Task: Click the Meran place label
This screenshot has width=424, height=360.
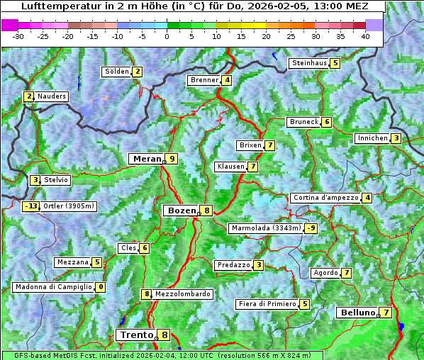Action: click(147, 159)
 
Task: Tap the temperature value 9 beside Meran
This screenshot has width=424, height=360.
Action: click(171, 159)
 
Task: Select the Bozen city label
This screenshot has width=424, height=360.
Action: click(181, 210)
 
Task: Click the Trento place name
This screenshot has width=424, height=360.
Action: click(136, 334)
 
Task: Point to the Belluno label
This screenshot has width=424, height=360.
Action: click(357, 313)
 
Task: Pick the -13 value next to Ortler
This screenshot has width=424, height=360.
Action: click(30, 207)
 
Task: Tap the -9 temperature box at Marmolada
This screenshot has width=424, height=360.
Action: click(311, 228)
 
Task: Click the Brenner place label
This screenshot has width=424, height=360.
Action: click(204, 80)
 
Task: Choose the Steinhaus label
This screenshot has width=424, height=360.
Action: click(309, 63)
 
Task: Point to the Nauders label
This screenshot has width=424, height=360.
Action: click(51, 96)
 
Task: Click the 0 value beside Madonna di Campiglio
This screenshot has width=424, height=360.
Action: click(101, 287)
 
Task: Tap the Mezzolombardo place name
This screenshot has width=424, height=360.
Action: click(182, 294)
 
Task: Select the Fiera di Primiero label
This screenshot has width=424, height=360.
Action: click(267, 304)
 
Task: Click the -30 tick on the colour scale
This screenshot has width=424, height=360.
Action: click(18, 35)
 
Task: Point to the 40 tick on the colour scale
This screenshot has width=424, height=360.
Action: click(364, 35)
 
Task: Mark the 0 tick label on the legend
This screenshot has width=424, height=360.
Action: click(167, 35)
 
